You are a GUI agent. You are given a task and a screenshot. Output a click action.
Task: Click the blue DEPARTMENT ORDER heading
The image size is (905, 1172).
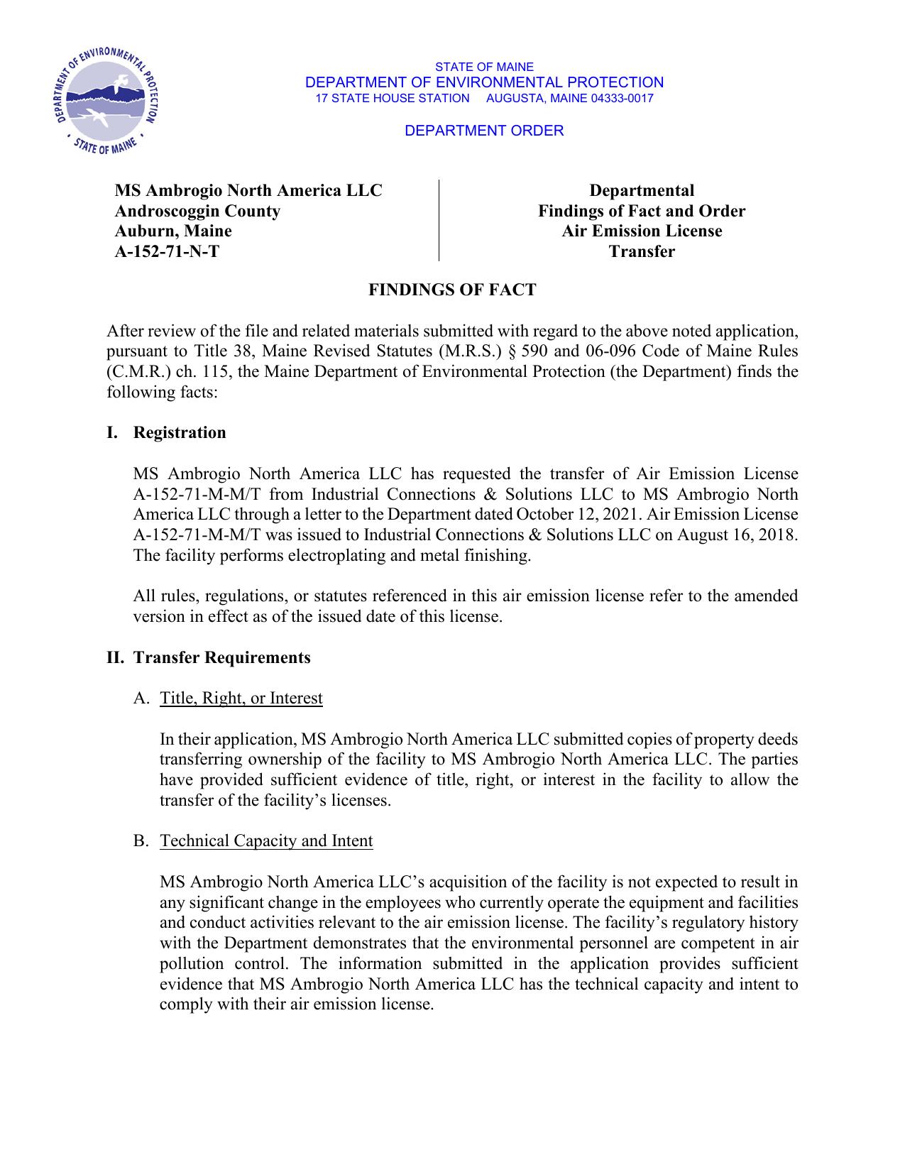tap(484, 131)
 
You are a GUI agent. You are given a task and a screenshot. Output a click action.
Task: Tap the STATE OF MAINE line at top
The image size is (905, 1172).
tap(484, 67)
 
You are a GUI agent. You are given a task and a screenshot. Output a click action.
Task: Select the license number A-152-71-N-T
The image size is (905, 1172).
tap(167, 251)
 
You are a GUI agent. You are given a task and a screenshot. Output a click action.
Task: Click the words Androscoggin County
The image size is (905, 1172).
tap(197, 211)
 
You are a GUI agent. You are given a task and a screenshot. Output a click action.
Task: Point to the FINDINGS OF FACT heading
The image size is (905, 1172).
tap(452, 290)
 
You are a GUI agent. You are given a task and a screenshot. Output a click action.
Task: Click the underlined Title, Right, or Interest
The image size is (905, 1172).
tap(241, 698)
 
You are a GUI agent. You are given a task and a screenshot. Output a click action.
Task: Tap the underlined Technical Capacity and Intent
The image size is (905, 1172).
tap(266, 840)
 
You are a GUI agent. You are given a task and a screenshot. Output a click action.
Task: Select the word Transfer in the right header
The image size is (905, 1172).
tap(642, 251)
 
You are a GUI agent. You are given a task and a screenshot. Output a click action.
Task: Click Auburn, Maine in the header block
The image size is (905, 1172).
tap(173, 231)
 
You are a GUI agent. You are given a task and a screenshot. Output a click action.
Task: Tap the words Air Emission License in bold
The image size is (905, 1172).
tap(642, 231)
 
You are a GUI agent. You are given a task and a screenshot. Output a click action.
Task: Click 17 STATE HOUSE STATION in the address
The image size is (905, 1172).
tap(392, 98)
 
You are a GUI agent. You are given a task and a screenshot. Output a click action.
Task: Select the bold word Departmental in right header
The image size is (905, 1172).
tap(642, 190)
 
